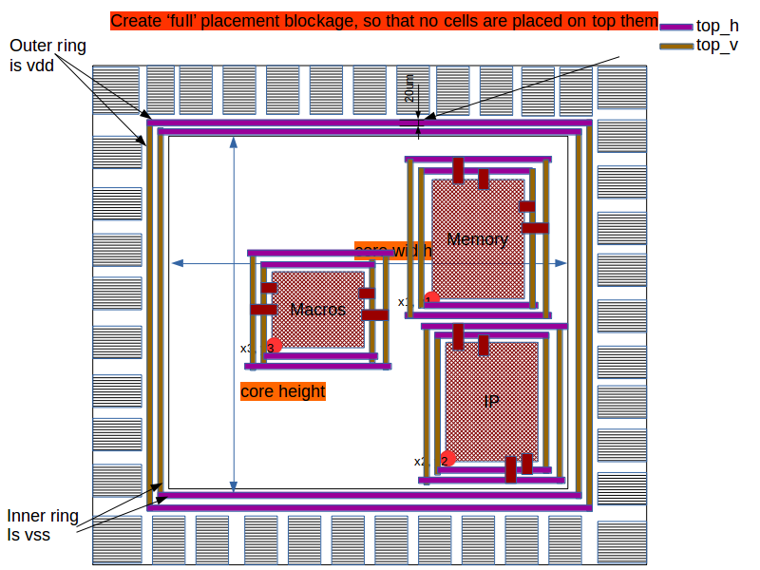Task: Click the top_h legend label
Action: coord(717,26)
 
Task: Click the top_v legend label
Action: coord(717,45)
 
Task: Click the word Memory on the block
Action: coord(477,239)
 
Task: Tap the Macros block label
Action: coord(317,309)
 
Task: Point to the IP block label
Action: coord(491,402)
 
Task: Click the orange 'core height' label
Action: coord(282,391)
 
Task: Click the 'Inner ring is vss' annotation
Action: coord(43,525)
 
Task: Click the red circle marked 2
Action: coord(446,460)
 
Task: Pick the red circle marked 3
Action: coord(274,347)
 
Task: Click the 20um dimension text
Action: coord(408,91)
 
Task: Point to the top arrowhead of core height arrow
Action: coord(234,142)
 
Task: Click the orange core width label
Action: coord(392,251)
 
